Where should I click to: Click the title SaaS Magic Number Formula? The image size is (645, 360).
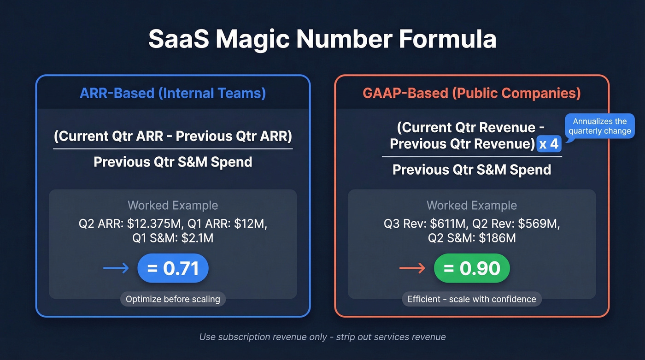[x=322, y=40]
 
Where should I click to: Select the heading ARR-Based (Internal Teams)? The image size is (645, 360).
[x=173, y=93]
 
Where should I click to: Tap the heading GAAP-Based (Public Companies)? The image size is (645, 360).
[x=471, y=93]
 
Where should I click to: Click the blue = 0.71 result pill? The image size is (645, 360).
[x=173, y=268]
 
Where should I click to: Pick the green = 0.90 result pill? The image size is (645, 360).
[x=472, y=268]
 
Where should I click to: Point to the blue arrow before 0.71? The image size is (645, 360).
[x=116, y=268]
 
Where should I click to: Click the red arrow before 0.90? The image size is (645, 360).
[x=412, y=268]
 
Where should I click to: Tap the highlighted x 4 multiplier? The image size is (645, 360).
[x=549, y=144]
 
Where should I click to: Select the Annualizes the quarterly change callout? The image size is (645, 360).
[x=599, y=126]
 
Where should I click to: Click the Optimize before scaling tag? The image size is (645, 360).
[x=173, y=299]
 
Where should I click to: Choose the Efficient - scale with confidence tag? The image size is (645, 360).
[x=472, y=299]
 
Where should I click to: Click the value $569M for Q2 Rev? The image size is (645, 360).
[x=538, y=224]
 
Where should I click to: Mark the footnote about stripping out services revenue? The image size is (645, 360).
[x=322, y=337]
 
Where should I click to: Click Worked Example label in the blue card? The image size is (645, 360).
[x=173, y=205]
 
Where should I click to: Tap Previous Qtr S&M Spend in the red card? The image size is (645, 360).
[x=472, y=170]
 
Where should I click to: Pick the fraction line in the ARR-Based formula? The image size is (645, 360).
[x=173, y=149]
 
